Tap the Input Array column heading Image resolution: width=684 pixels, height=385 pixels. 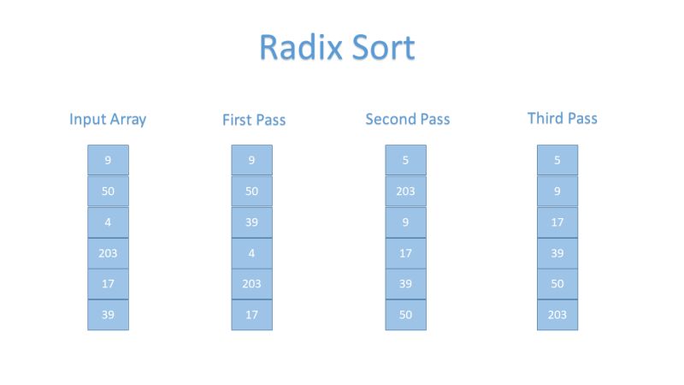pos(108,119)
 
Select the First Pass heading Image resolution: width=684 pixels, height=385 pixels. pos(254,120)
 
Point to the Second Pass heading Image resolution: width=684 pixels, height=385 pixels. pos(407,119)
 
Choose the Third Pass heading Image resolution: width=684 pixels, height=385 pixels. pos(562,118)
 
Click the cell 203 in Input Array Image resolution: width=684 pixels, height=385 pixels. pos(108,253)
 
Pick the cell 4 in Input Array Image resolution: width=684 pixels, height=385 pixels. pos(108,222)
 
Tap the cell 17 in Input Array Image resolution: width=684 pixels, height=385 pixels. pos(108,284)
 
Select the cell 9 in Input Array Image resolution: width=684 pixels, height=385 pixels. pos(108,160)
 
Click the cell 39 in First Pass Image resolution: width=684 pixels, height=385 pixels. pos(251,222)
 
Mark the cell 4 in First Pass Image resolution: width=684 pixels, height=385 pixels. pos(251,253)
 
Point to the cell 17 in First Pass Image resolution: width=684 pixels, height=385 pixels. pos(251,315)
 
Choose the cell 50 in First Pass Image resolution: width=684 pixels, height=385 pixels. pos(251,191)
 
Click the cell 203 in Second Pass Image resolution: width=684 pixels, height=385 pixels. pos(405,191)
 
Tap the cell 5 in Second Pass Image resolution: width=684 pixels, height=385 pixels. pos(405,160)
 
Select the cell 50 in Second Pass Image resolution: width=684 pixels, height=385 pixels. pos(405,315)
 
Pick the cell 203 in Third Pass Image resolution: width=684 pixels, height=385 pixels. pos(557,315)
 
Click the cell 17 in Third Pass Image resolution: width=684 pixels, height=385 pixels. pos(557,222)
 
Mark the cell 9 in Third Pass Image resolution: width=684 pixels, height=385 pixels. pos(557,191)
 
